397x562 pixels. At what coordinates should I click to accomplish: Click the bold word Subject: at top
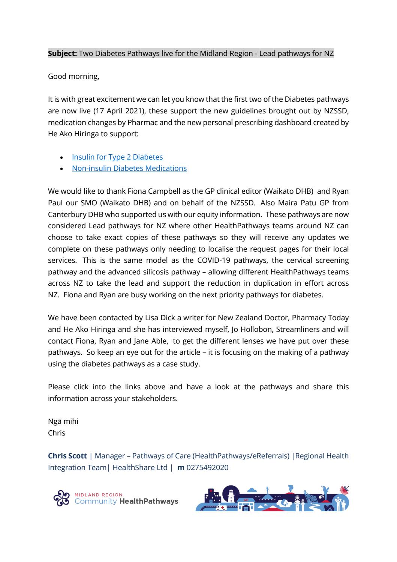click(63, 53)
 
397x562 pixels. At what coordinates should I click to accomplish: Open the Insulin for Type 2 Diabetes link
click(117, 157)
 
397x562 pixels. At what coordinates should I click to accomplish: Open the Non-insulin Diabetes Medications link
click(129, 168)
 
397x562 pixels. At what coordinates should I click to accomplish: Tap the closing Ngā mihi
click(63, 421)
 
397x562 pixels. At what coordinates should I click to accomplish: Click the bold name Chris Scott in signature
click(67, 456)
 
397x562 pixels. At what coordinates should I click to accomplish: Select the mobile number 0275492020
click(207, 467)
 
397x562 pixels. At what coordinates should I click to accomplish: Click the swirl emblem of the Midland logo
click(61, 498)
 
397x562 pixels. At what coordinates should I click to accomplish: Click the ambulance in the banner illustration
click(221, 508)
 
